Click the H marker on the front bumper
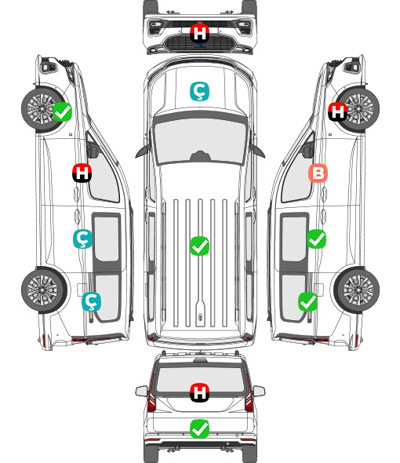pyautogui.click(x=199, y=33)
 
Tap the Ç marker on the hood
pyautogui.click(x=199, y=91)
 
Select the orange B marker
pyautogui.click(x=318, y=173)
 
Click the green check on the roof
pyautogui.click(x=199, y=246)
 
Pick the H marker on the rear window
pyautogui.click(x=199, y=392)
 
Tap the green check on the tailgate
pyautogui.click(x=199, y=428)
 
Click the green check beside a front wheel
pyautogui.click(x=62, y=111)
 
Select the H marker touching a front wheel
pyautogui.click(x=337, y=111)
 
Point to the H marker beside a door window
pyautogui.click(x=82, y=173)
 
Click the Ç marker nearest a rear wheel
pyautogui.click(x=91, y=301)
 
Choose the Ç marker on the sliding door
pyautogui.click(x=82, y=239)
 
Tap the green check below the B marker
pyautogui.click(x=316, y=239)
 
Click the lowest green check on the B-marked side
pyautogui.click(x=308, y=301)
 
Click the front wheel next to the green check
pyautogui.click(x=43, y=109)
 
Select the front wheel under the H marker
pyautogui.click(x=357, y=109)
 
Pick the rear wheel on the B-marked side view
pyautogui.click(x=357, y=290)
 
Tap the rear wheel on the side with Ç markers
pyautogui.click(x=44, y=290)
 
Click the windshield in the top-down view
pyautogui.click(x=200, y=140)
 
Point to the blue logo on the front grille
pyautogui.click(x=199, y=46)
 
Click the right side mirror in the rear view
pyautogui.click(x=259, y=391)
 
